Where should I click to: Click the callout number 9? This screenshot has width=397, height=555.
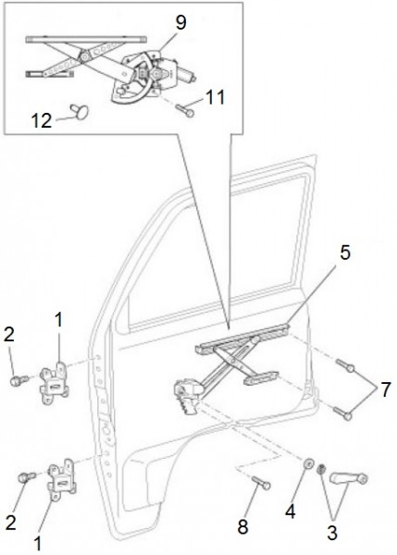pos(180,22)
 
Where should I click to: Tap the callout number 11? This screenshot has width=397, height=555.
pos(215,97)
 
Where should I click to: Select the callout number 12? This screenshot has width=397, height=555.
pos(42,120)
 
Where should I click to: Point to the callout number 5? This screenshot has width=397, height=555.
pos(344,253)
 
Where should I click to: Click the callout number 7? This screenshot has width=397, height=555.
pos(385,389)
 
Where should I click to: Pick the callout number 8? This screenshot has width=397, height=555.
pos(242,526)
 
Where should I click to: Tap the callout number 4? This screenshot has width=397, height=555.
pos(290,512)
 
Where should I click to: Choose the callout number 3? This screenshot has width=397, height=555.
pos(332,533)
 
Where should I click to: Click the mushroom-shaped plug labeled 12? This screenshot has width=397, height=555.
pos(80,110)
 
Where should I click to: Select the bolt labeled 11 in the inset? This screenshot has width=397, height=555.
pos(184,110)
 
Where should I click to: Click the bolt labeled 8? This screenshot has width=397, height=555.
pos(261,482)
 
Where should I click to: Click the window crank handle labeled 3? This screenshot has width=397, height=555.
pos(349,478)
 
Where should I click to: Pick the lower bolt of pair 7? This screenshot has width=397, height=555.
pos(342,413)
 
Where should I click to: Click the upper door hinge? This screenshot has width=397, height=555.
pos(54,383)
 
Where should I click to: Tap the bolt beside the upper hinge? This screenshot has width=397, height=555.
pos(19,381)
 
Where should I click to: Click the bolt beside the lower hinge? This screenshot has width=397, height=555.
pos(27,476)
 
